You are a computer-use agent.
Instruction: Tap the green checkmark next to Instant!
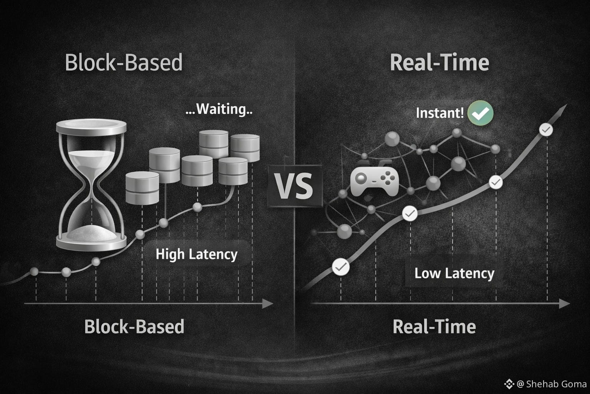click(481, 113)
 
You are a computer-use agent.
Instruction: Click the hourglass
click(91, 185)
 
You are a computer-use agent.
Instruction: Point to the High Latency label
click(196, 254)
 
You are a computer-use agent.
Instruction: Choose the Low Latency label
click(454, 273)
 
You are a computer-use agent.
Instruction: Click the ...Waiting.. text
click(219, 109)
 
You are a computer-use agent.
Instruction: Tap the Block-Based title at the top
click(124, 63)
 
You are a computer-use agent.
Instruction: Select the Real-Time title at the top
click(439, 63)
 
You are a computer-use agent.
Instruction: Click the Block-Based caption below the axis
click(134, 327)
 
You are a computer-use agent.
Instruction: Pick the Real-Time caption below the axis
click(434, 327)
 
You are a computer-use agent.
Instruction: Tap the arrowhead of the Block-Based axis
click(268, 304)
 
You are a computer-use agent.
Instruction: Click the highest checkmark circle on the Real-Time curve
click(546, 130)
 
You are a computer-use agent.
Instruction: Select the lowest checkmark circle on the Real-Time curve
click(340, 267)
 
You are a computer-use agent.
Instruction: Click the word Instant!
click(440, 113)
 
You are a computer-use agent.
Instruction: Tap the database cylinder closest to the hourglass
click(142, 188)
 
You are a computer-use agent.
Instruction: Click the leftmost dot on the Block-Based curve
click(34, 272)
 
